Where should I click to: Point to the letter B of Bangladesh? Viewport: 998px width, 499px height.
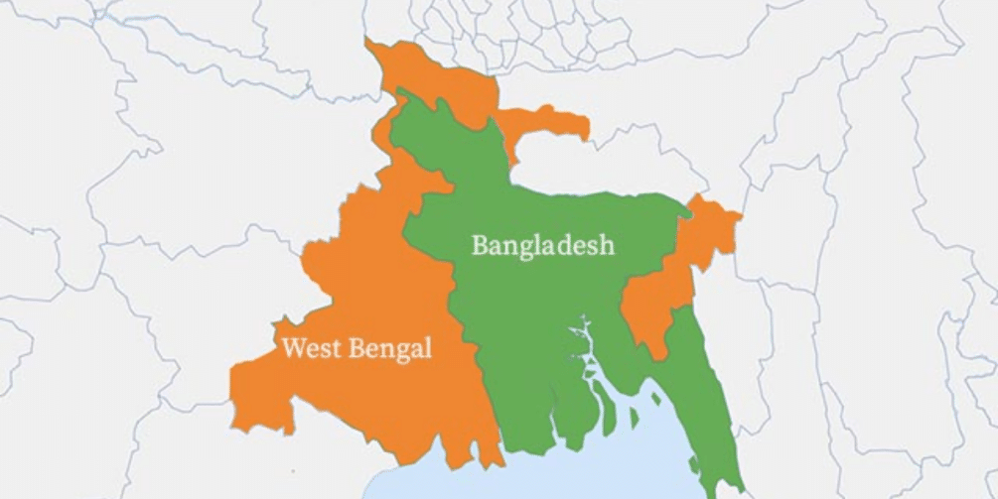(480, 244)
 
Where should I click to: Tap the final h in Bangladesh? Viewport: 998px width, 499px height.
(607, 244)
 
